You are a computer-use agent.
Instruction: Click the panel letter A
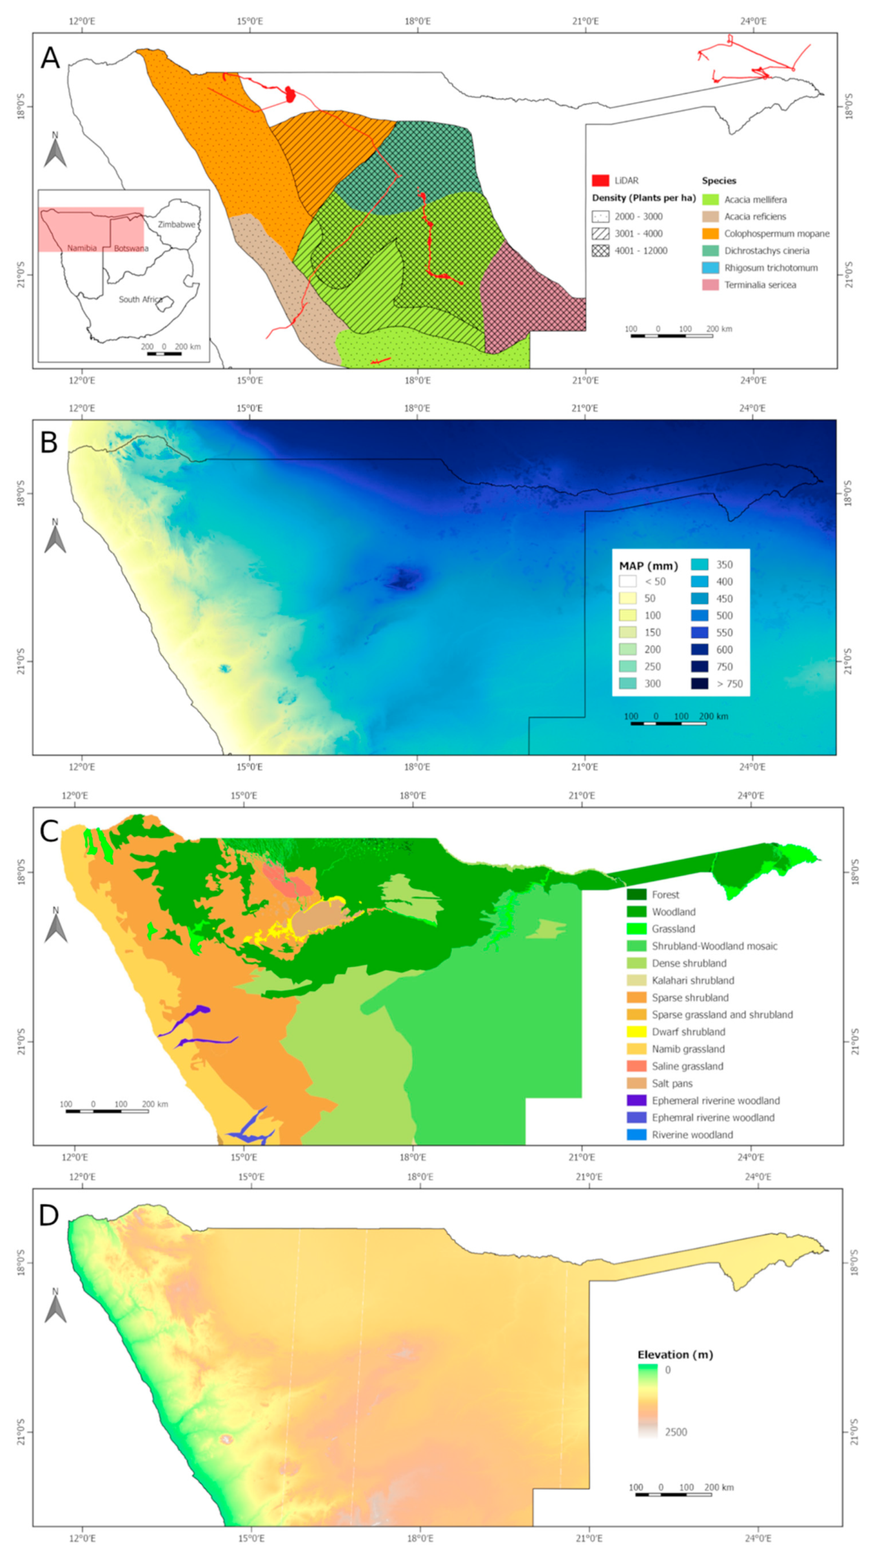(x=50, y=59)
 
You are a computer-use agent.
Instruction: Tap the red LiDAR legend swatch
(x=599, y=180)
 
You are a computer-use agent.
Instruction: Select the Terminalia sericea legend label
(x=760, y=285)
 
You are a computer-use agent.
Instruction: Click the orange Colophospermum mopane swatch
(x=710, y=233)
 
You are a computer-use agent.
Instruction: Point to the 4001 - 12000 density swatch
(x=599, y=250)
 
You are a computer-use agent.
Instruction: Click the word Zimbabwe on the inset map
(x=176, y=224)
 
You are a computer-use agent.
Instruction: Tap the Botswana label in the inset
(x=131, y=248)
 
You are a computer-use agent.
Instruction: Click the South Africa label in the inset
(x=140, y=300)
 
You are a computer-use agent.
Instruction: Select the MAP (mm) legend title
(x=648, y=566)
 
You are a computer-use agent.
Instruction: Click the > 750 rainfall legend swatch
(x=700, y=683)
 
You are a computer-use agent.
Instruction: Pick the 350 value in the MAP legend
(x=725, y=564)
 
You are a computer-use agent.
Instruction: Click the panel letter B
(x=48, y=443)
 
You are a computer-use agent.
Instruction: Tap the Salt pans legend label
(x=672, y=1083)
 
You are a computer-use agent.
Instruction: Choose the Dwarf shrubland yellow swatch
(x=636, y=1032)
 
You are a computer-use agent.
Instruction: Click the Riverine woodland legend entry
(x=692, y=1135)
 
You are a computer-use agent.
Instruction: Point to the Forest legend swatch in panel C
(x=636, y=895)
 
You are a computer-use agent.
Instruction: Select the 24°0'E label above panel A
(x=753, y=22)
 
